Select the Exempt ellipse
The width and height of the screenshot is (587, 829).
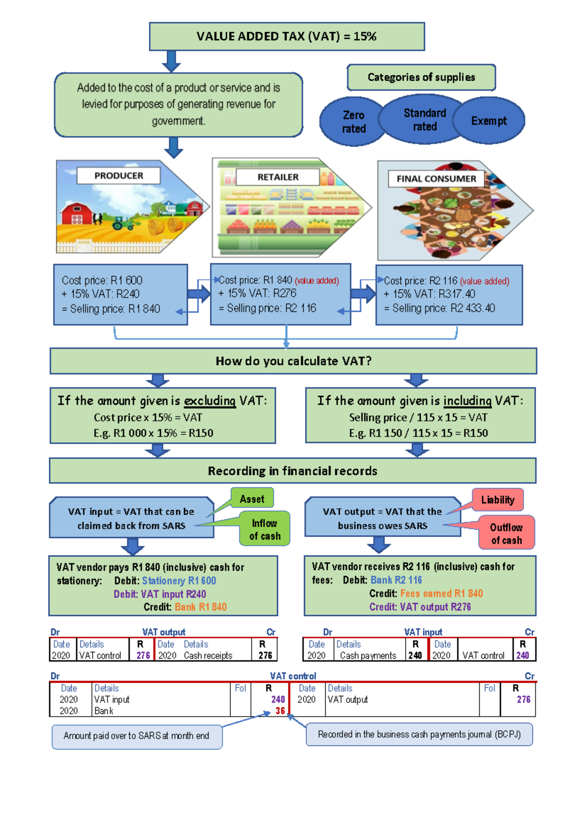[489, 121]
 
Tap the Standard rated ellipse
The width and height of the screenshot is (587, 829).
[422, 119]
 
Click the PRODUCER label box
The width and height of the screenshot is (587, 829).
[118, 175]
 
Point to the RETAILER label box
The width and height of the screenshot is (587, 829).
[278, 177]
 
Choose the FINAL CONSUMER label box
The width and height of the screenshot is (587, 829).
[436, 179]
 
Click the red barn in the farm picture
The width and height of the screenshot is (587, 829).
[77, 214]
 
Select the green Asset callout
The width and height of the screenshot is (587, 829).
[252, 498]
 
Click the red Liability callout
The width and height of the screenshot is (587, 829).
[498, 500]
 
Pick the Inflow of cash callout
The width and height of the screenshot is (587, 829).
[265, 529]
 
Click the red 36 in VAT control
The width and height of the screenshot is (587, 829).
[280, 711]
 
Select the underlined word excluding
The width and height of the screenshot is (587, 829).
[210, 401]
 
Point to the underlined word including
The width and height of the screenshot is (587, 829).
[467, 401]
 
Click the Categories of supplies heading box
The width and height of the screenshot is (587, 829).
[421, 77]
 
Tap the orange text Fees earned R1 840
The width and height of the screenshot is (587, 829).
[441, 593]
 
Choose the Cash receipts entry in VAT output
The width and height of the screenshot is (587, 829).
[208, 655]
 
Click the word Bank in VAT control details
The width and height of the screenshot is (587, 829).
[104, 711]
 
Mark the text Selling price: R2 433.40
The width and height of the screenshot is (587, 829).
[444, 308]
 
